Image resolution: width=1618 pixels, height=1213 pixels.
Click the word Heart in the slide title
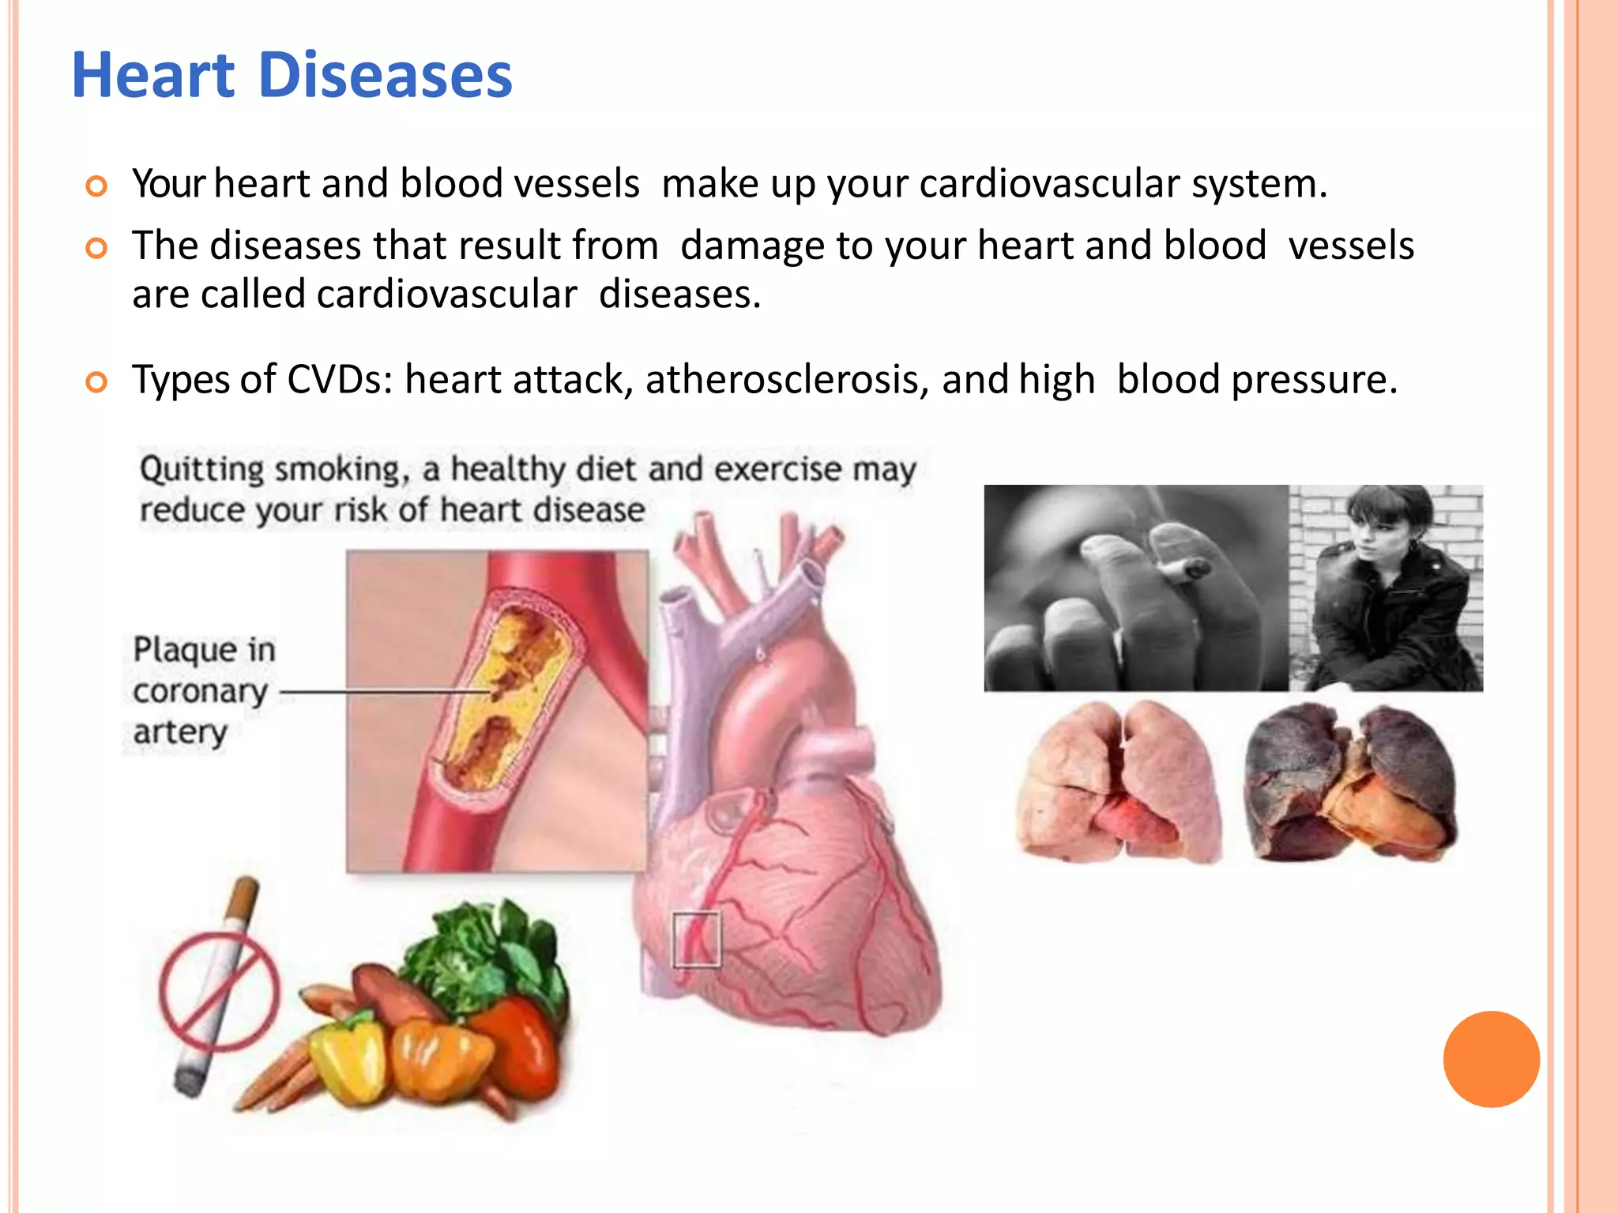(x=153, y=76)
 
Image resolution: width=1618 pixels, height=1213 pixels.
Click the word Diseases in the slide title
(x=385, y=76)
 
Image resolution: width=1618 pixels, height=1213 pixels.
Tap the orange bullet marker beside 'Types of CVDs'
(x=96, y=383)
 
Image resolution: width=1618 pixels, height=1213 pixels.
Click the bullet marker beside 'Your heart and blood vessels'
(x=96, y=187)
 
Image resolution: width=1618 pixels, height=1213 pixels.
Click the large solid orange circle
(x=1491, y=1059)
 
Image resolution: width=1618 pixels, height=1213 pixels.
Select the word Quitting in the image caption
(x=202, y=469)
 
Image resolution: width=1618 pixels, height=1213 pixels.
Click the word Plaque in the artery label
(x=183, y=650)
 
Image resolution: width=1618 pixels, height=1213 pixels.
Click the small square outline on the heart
(x=696, y=939)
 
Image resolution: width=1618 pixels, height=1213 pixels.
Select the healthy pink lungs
(x=1118, y=782)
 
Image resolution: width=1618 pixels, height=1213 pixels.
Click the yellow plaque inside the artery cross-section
(x=506, y=695)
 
